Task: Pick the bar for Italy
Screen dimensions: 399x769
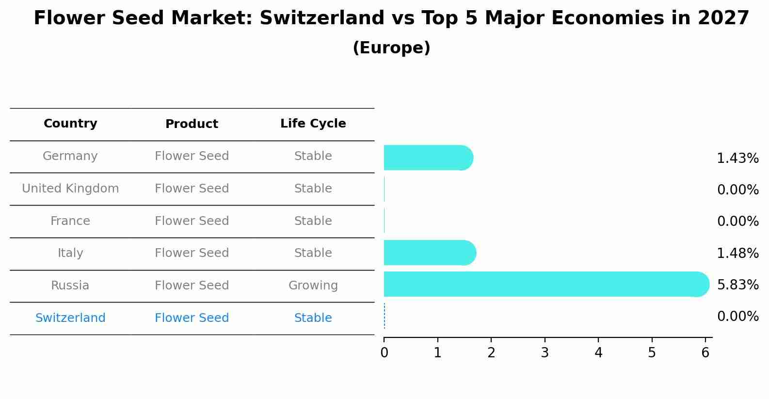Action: pyautogui.click(x=429, y=253)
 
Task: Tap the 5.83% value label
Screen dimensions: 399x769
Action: pyautogui.click(x=737, y=285)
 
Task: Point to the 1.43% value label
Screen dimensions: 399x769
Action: pyautogui.click(x=737, y=159)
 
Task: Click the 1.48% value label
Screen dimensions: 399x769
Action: pyautogui.click(x=737, y=253)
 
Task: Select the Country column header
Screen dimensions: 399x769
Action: pyautogui.click(x=70, y=124)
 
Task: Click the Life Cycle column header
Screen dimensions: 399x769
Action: pyautogui.click(x=313, y=124)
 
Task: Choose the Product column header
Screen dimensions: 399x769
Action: pyautogui.click(x=192, y=124)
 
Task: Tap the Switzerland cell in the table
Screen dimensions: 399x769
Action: pyautogui.click(x=70, y=318)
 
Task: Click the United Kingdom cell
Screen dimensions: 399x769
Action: pyautogui.click(x=70, y=189)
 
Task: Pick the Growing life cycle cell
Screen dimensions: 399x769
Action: pyautogui.click(x=313, y=286)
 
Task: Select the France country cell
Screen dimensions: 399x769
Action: pyautogui.click(x=70, y=221)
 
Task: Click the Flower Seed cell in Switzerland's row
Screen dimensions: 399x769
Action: pyautogui.click(x=192, y=318)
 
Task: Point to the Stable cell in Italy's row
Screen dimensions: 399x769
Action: pyautogui.click(x=313, y=253)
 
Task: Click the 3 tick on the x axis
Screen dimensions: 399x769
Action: pyautogui.click(x=545, y=353)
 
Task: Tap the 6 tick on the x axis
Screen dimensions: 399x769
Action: pyautogui.click(x=705, y=353)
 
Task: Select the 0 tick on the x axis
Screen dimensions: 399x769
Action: pyautogui.click(x=384, y=353)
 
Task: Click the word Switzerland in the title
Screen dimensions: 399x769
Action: pyautogui.click(x=322, y=18)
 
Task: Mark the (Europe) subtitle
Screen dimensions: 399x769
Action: pyautogui.click(x=391, y=48)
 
